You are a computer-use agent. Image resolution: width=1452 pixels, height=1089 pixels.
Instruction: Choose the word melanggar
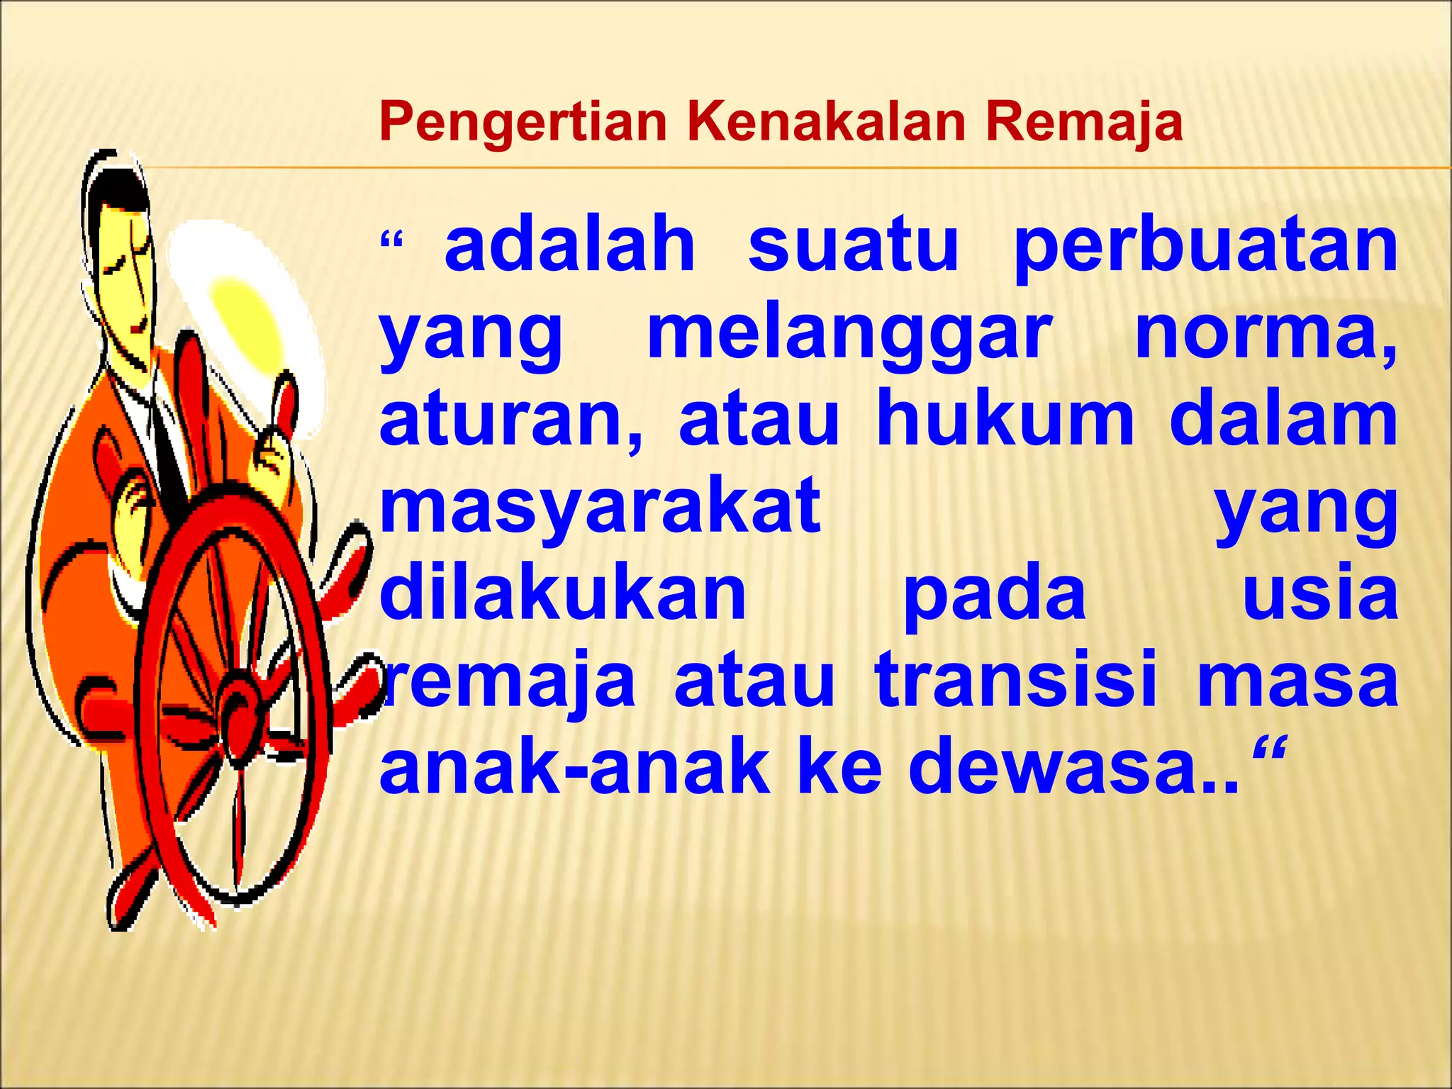tap(849, 337)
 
